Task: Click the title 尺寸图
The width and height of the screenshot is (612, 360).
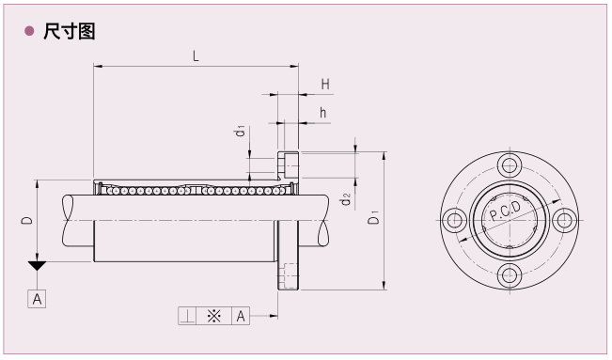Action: click(69, 31)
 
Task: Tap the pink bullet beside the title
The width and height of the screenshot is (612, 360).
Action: click(29, 31)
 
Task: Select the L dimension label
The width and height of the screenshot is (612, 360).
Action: click(196, 56)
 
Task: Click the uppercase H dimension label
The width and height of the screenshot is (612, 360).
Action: click(325, 84)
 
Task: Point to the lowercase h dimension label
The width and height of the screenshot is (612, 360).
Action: click(322, 113)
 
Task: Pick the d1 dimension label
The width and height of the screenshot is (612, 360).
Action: click(241, 131)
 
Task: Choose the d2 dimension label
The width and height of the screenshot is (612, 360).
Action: click(345, 199)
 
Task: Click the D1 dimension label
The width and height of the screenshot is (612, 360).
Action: click(373, 217)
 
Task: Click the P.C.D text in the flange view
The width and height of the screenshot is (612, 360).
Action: click(506, 211)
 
